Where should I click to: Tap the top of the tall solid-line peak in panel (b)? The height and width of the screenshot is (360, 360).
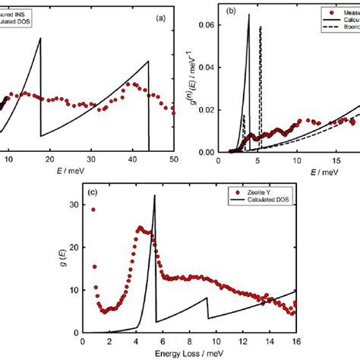tap(248, 15)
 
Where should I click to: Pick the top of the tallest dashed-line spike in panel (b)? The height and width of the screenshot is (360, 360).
tap(261, 27)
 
